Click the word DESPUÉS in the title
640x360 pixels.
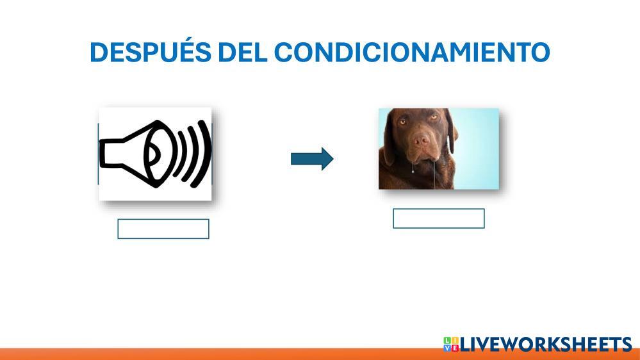click(x=150, y=51)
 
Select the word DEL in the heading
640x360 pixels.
click(x=242, y=53)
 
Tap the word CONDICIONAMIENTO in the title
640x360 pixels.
click(x=412, y=53)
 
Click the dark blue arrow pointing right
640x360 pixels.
click(x=312, y=159)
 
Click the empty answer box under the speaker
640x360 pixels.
click(x=163, y=229)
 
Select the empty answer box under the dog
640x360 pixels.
click(x=439, y=218)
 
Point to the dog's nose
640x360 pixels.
click(x=421, y=141)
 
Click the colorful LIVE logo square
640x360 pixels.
click(x=451, y=344)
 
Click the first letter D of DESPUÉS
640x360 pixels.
click(x=99, y=53)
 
